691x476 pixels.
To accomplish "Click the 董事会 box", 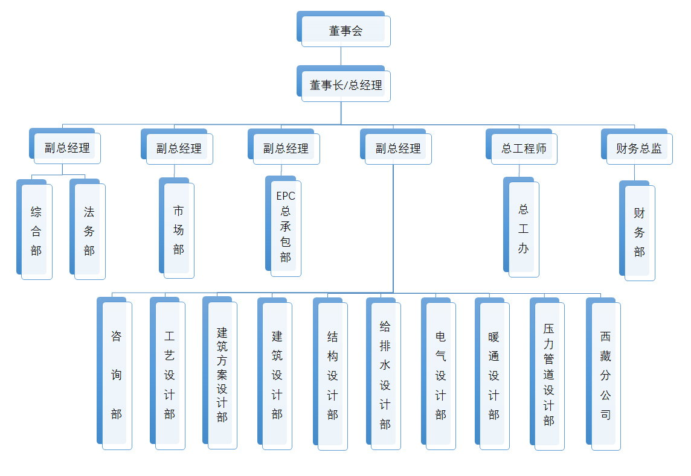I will point(345,31).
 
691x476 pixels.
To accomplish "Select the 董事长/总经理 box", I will point(345,85).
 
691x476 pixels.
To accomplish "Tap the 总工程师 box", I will point(523,148).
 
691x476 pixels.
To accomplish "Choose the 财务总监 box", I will point(638,148).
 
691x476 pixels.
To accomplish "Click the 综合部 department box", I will point(36,231).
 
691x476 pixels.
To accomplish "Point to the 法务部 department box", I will point(89,231).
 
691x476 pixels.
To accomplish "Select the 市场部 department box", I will point(178,230).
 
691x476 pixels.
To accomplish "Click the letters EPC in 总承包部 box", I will point(286,196).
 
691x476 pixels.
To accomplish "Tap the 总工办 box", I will point(523,229).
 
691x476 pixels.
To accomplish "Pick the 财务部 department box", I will point(639,232).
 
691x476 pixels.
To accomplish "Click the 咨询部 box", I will point(117,375).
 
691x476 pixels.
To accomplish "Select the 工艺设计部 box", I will point(170,375).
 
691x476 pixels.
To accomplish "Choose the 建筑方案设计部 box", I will point(222,375).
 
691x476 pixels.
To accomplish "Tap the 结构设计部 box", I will point(332,375).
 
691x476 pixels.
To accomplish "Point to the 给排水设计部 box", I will point(385,375).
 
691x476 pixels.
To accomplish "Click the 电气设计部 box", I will point(440,375).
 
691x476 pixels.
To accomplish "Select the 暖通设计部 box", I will point(494,375).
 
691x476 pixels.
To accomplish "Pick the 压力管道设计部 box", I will point(548,375).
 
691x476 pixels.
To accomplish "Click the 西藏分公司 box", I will point(605,375).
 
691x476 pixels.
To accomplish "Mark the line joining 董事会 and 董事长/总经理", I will point(341,56).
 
